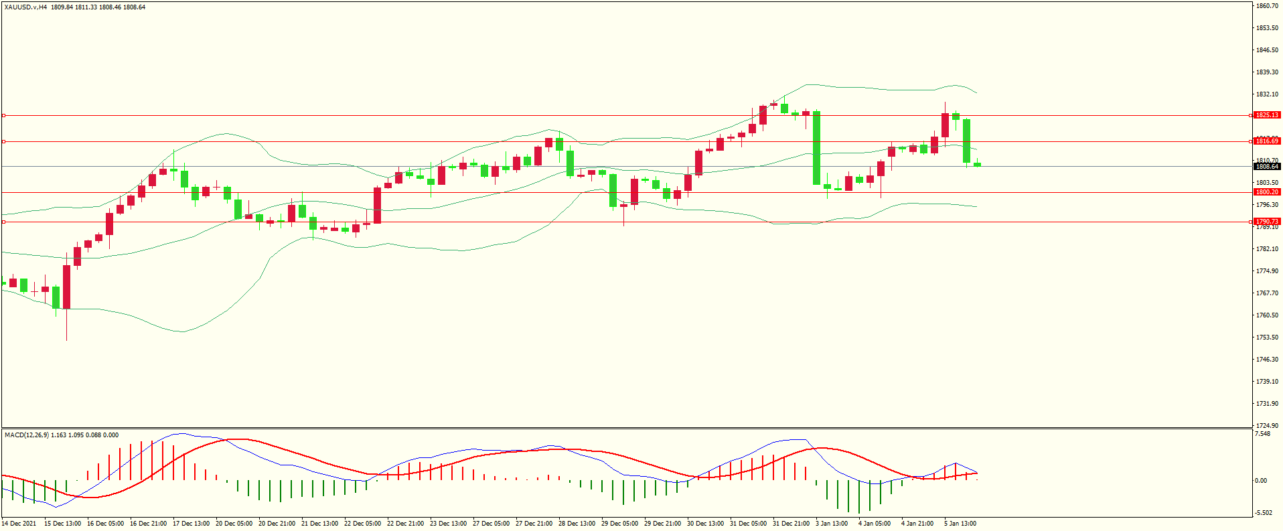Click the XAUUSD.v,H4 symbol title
coord(25,7)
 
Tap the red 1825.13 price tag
coord(1267,115)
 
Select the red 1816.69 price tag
coord(1267,141)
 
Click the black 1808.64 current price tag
coord(1267,166)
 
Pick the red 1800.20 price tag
coord(1267,192)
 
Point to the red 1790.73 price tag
coord(1267,222)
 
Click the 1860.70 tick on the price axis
coord(1267,6)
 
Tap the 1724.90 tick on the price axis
coord(1267,425)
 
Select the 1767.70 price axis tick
coord(1267,293)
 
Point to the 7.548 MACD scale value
coord(1262,434)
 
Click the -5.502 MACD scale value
coord(1264,513)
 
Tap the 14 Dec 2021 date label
coord(19,524)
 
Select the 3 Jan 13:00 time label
coord(832,524)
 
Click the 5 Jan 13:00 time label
coord(960,524)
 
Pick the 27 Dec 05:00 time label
coord(492,524)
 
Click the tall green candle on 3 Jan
coord(817,148)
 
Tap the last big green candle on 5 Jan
coord(967,141)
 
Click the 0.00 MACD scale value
coord(1261,481)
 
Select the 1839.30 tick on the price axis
coord(1267,72)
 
